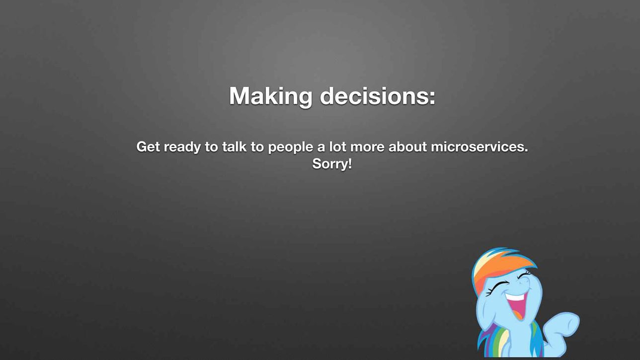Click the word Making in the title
pos(271,97)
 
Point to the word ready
pos(182,148)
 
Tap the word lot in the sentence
pos(337,147)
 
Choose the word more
pos(367,148)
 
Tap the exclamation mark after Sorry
pos(350,163)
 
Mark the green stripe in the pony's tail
pos(502,343)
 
